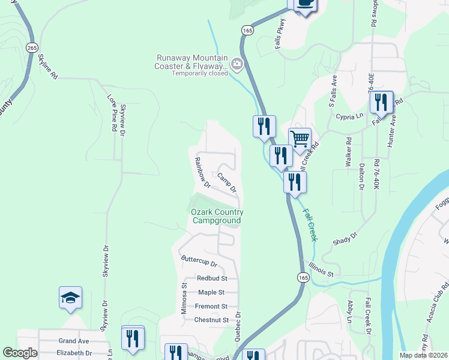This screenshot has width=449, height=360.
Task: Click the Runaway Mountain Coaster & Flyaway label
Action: [191, 62]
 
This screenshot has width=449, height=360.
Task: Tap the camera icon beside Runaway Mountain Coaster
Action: [237, 63]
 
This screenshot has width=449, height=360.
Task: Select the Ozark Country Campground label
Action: [217, 216]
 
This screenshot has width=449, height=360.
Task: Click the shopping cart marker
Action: [300, 139]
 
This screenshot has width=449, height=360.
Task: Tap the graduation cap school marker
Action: [70, 297]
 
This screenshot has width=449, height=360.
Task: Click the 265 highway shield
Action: [32, 47]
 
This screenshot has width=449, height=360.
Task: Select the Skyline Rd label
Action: [48, 67]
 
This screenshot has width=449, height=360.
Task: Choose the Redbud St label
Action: [212, 278]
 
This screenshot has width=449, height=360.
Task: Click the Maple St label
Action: [211, 292]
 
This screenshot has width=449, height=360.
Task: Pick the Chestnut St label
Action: [211, 320]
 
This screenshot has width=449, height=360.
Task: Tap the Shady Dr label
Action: [345, 239]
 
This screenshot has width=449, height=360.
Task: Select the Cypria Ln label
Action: [350, 116]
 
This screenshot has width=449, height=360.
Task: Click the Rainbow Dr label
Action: [202, 172]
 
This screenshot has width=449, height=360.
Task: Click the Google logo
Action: [20, 353]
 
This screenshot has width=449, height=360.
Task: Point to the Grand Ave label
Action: [73, 341]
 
